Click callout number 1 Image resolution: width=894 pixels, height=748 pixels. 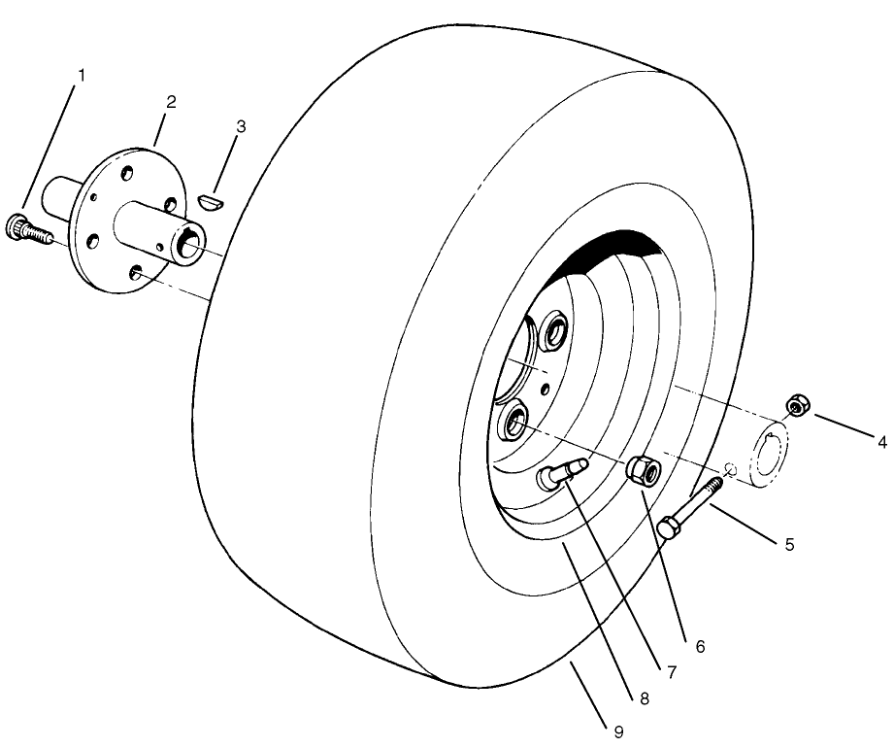82,75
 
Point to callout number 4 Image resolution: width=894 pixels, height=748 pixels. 881,442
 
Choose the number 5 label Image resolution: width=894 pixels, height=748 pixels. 789,544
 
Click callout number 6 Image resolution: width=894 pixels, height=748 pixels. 700,645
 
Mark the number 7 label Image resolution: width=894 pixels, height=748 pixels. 673,671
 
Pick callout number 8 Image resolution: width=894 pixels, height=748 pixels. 644,697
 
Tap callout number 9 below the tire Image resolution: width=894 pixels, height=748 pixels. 618,731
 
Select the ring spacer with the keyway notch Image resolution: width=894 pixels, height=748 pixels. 770,448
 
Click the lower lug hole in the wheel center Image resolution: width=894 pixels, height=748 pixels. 513,423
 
